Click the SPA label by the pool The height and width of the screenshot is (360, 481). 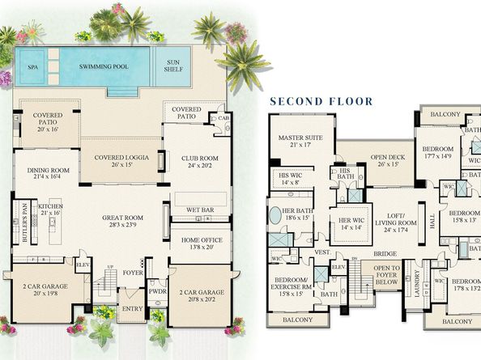pos(33,68)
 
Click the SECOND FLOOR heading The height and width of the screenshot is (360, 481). pos(321,101)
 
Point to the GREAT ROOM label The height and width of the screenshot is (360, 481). pos(122,218)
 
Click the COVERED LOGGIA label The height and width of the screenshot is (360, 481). pos(121,157)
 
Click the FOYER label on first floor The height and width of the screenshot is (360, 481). pos(133,272)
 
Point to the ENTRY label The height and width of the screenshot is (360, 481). pos(131,308)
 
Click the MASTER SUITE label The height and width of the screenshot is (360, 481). pos(300,138)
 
